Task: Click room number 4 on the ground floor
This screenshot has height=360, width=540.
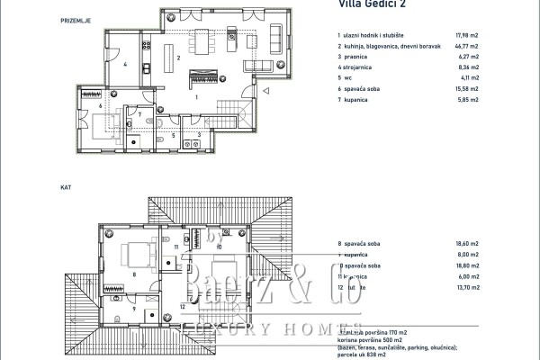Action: pyautogui.click(x=125, y=65)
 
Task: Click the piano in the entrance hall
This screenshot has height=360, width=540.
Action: pyautogui.click(x=199, y=76)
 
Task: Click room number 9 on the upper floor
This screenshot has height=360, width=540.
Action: pyautogui.click(x=135, y=308)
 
